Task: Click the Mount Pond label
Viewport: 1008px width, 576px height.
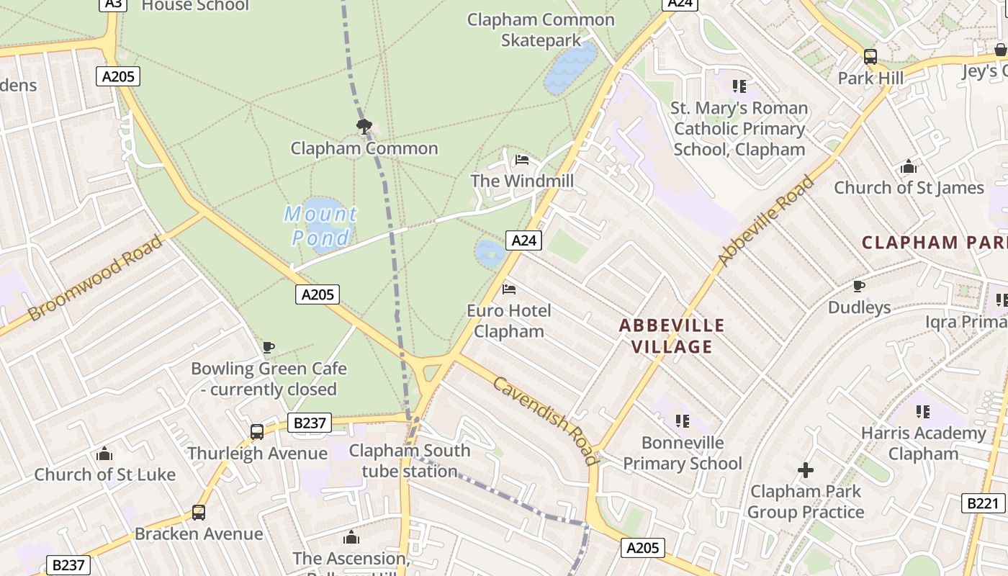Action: pos(320,225)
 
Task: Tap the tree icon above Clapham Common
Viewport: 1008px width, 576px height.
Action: pos(364,127)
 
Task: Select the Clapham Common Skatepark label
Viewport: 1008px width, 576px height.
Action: pos(541,30)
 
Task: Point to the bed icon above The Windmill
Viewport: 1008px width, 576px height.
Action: pos(522,159)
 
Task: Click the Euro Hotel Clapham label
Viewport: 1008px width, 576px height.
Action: pos(509,321)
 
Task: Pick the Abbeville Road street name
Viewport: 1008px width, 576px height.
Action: pos(766,220)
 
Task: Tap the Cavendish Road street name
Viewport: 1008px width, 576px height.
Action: pos(545,420)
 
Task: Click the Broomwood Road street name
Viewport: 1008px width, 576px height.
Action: pos(95,278)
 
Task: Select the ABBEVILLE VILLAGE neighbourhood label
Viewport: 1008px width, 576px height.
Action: pos(672,336)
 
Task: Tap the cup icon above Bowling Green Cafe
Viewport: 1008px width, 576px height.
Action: pos(269,348)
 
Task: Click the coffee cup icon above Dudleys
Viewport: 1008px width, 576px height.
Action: pos(859,287)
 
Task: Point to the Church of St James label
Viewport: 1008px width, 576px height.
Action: pos(909,188)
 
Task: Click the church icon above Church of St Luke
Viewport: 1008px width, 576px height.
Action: pos(104,454)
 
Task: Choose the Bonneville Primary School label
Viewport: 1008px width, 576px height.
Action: pos(682,453)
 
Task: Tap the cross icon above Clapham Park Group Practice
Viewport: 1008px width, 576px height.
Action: pos(806,471)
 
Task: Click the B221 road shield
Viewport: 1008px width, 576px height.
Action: pos(983,503)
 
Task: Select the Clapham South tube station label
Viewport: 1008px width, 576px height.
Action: pos(410,461)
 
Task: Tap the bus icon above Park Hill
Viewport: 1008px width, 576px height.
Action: pos(870,56)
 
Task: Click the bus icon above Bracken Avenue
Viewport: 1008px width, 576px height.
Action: pos(199,513)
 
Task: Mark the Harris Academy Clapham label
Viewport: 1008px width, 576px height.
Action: pos(923,444)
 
